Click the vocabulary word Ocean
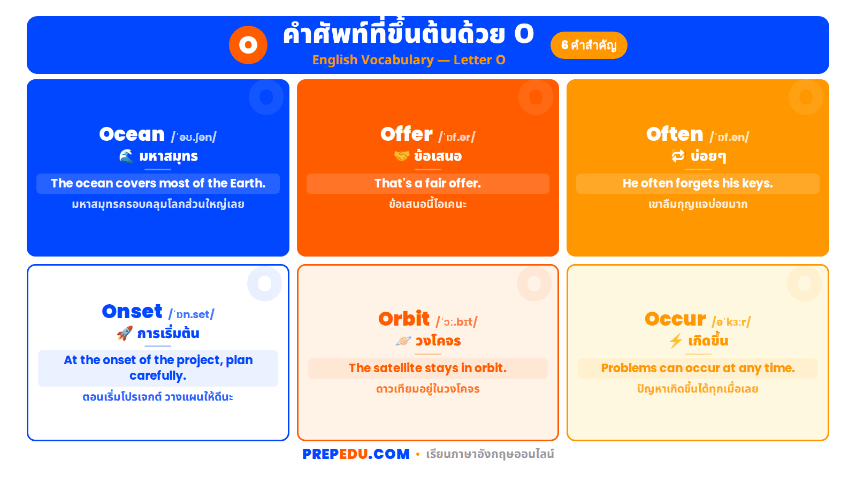click(132, 134)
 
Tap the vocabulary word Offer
click(407, 134)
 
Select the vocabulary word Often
click(675, 134)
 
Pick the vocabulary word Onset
click(132, 312)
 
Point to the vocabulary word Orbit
click(404, 319)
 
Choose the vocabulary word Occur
click(675, 319)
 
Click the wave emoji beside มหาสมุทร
click(126, 156)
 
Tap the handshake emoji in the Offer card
click(402, 156)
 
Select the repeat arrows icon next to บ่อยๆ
click(678, 156)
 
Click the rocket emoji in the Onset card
click(125, 334)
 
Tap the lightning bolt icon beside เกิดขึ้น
click(676, 341)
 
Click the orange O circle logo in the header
click(248, 45)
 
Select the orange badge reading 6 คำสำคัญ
click(588, 45)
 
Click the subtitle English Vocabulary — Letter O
click(409, 60)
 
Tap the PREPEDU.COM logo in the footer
click(356, 454)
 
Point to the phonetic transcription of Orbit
click(456, 322)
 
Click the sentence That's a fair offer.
click(427, 183)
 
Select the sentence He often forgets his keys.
click(698, 183)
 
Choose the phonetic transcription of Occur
click(731, 322)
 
